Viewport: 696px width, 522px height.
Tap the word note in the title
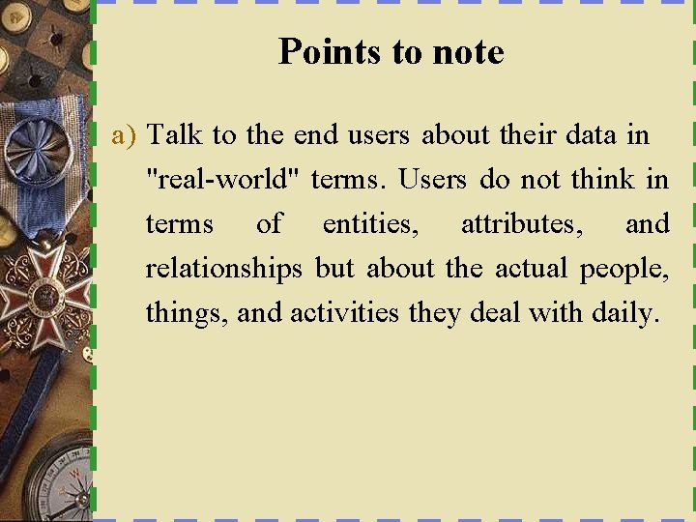pyautogui.click(x=468, y=51)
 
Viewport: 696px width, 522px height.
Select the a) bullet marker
pyautogui.click(x=125, y=134)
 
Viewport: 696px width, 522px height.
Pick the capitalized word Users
pyautogui.click(x=432, y=179)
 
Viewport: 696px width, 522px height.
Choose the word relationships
pyautogui.click(x=223, y=269)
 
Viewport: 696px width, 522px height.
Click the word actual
pyautogui.click(x=533, y=269)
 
